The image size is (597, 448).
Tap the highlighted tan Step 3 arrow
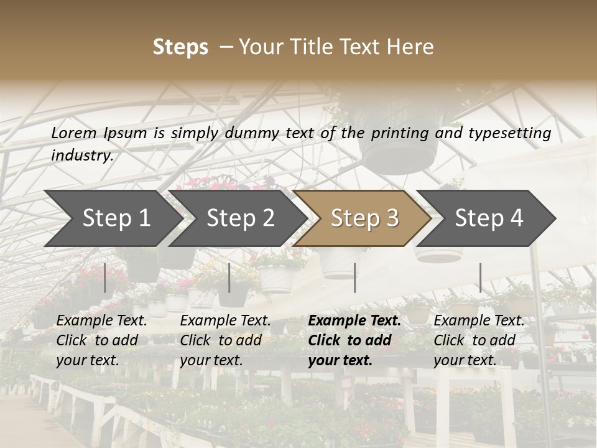[364, 218]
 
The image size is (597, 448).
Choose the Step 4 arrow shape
[489, 218]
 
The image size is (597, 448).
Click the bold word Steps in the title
[180, 47]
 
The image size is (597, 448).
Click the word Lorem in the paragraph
[74, 133]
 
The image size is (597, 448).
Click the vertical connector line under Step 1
[105, 278]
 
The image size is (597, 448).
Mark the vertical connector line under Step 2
[229, 278]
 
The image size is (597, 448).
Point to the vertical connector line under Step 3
[354, 278]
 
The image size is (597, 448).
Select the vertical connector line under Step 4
[480, 278]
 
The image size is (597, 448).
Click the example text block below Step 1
[101, 340]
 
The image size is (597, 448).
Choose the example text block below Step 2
[225, 340]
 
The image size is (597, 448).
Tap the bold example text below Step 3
[354, 340]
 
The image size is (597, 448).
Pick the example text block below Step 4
[479, 340]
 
